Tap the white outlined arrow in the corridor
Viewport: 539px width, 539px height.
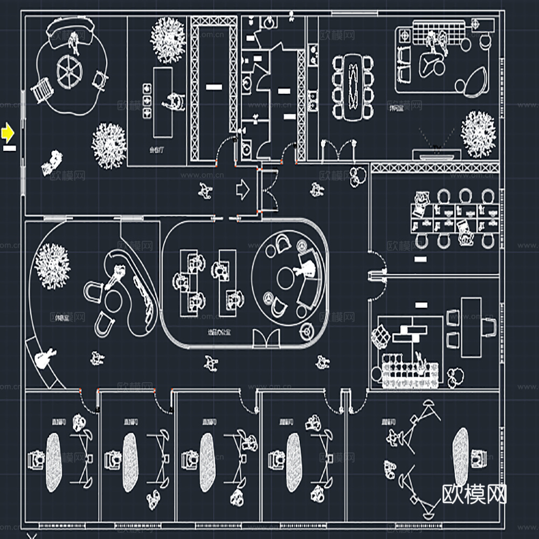(243, 189)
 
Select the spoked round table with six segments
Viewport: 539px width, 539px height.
(69, 71)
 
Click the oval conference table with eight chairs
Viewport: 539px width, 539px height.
(353, 86)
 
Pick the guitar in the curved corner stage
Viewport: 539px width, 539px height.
(45, 356)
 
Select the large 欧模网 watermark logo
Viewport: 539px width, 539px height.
(475, 493)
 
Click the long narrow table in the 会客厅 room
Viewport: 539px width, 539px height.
(162, 102)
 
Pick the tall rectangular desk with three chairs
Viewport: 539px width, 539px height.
(472, 327)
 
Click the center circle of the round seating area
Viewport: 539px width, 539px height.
(285, 278)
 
